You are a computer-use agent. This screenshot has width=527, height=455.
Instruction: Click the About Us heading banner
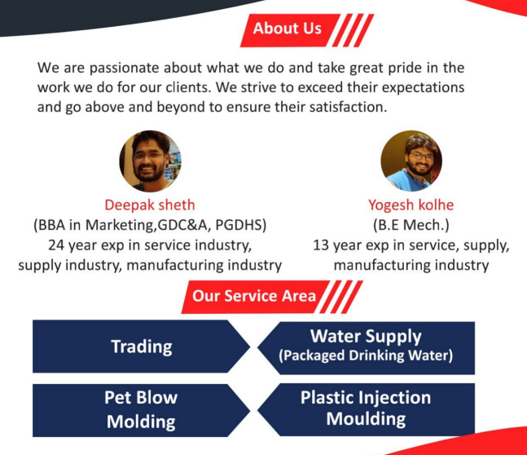(x=290, y=30)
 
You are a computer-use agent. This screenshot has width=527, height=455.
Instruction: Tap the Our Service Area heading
(x=254, y=297)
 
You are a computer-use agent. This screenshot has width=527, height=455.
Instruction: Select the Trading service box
(x=142, y=347)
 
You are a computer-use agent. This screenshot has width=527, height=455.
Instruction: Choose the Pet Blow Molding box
(x=142, y=410)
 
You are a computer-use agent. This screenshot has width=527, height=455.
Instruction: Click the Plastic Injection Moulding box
(x=366, y=409)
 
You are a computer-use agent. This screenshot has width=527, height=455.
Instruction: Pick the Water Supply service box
(x=366, y=347)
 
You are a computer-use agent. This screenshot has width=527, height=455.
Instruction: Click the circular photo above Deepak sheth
(x=150, y=161)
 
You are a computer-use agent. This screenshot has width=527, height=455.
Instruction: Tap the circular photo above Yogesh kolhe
(x=411, y=161)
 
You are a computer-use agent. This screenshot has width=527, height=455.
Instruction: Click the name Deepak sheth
(x=150, y=205)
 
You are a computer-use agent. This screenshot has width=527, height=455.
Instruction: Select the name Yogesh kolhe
(x=411, y=205)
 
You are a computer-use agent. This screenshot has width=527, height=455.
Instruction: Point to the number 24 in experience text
(x=55, y=245)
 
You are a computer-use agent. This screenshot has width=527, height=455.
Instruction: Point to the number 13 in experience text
(x=321, y=245)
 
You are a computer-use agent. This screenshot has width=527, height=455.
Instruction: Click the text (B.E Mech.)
(x=411, y=225)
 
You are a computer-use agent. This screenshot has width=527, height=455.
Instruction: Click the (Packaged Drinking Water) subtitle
(x=366, y=356)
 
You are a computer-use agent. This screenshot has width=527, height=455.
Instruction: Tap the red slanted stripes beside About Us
(x=353, y=30)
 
